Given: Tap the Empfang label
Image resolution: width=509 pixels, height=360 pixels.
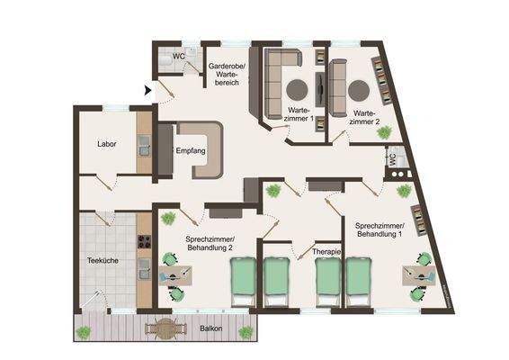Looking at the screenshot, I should (x=192, y=150).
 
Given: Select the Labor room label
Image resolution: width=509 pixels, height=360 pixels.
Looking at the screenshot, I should (x=108, y=143).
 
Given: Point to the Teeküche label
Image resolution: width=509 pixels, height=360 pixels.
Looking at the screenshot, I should (x=98, y=262).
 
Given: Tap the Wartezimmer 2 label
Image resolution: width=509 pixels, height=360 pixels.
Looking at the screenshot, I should (x=365, y=117).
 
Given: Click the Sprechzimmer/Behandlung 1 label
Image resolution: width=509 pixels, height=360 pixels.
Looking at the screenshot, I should (x=380, y=229).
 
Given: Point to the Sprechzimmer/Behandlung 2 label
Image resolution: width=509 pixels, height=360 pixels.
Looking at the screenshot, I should (x=210, y=244).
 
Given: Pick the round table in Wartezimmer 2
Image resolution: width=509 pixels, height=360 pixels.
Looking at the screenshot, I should (x=360, y=89).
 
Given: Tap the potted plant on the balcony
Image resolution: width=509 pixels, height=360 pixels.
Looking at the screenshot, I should (x=85, y=332).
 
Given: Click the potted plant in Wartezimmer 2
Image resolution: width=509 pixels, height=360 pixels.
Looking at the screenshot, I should (x=386, y=132).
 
